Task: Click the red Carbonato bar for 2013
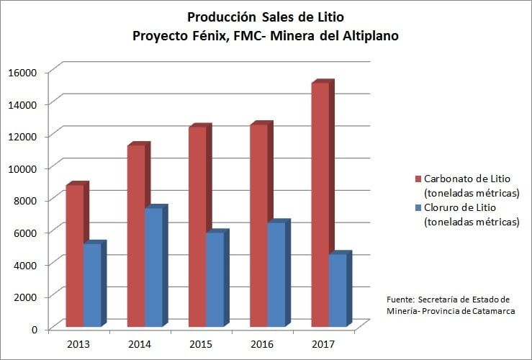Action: (x=74, y=256)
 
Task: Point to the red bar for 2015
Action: (x=198, y=227)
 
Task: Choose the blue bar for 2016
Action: (x=276, y=275)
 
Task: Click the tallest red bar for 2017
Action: (x=320, y=205)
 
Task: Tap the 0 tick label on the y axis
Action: (x=35, y=329)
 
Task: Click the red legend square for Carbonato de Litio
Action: (x=418, y=179)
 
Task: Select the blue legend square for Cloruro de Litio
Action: (x=418, y=207)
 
